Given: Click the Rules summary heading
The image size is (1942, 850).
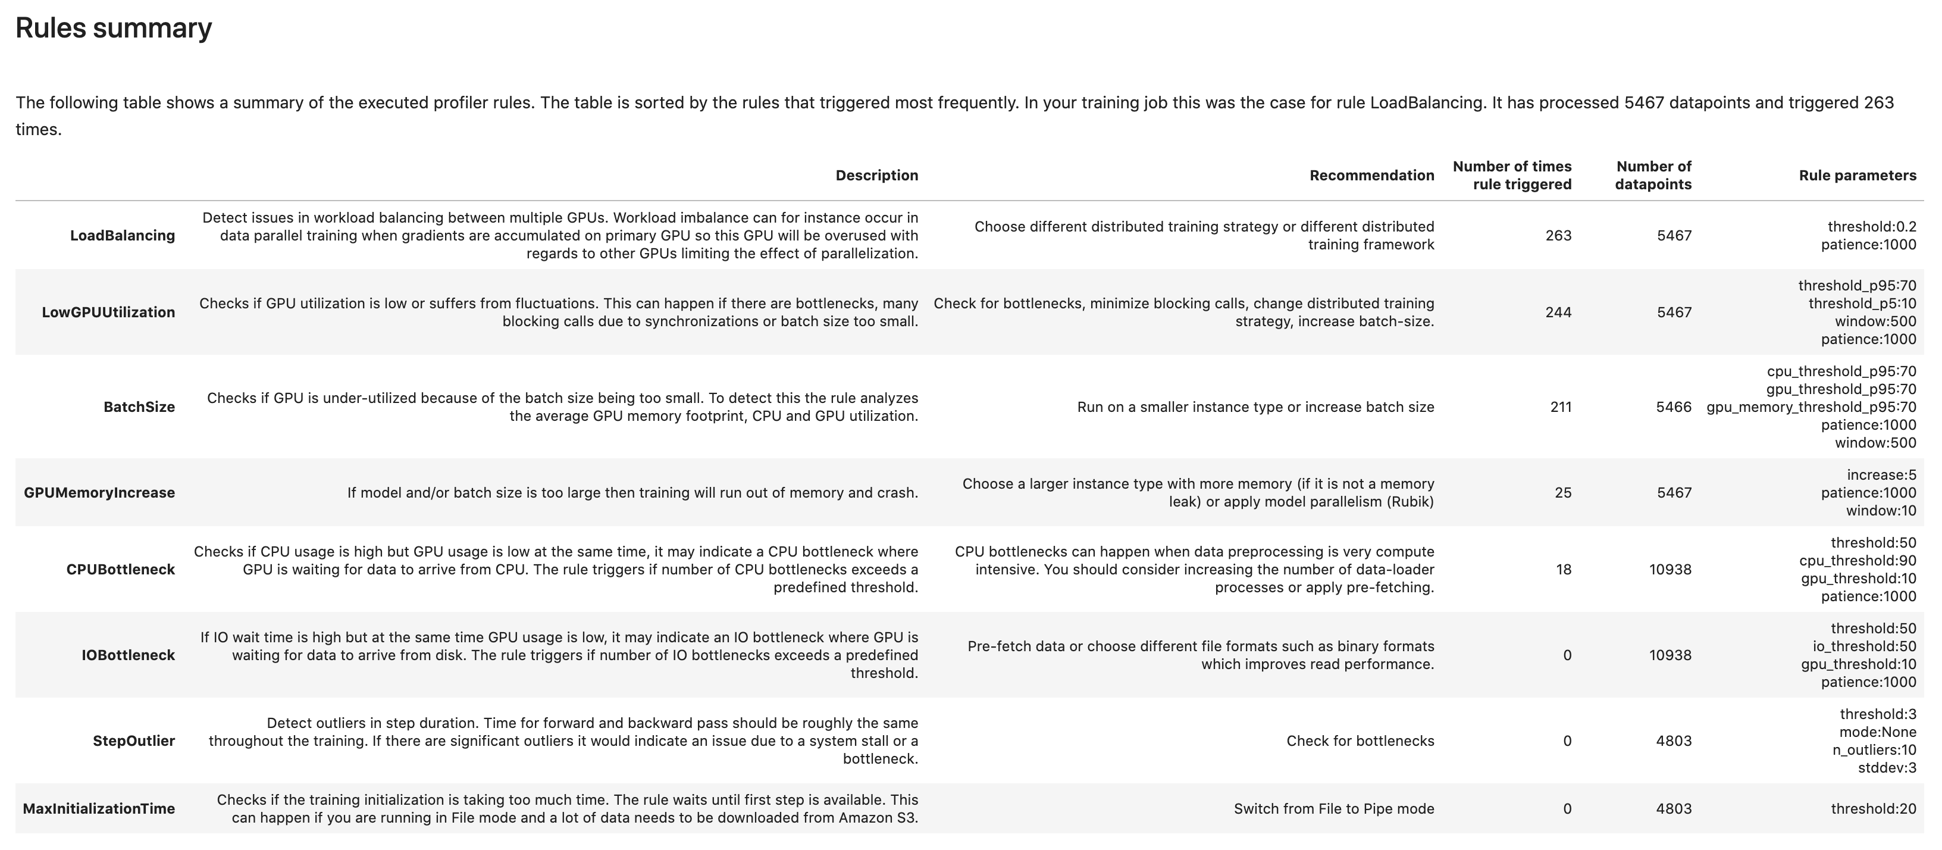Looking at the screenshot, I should click(x=113, y=28).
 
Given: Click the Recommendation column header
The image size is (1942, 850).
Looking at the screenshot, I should click(x=1371, y=175).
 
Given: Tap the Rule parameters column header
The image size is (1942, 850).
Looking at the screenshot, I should click(x=1857, y=175).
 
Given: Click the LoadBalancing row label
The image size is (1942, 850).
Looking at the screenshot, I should click(x=122, y=235).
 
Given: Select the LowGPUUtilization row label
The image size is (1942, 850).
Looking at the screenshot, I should click(x=108, y=312).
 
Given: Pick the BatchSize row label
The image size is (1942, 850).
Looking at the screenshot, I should click(x=139, y=407).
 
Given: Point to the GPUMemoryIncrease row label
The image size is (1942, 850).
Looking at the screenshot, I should click(x=99, y=492).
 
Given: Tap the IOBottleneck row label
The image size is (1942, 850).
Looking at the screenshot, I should click(x=127, y=655).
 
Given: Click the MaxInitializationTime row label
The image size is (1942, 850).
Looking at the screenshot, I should click(x=98, y=808).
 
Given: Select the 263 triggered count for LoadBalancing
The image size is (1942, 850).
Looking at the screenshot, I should click(x=1558, y=235).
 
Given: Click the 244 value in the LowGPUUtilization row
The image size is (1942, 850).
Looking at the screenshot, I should click(x=1558, y=312).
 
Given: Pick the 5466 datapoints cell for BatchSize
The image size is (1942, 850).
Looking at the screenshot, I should click(x=1673, y=407).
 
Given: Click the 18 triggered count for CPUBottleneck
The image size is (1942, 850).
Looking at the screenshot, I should click(x=1563, y=570).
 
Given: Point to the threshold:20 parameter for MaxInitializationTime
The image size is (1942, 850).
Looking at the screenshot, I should click(x=1872, y=808).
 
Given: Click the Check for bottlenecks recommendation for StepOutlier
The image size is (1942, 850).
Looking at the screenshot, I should click(x=1360, y=740).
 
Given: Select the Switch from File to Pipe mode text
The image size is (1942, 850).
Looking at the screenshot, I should click(x=1333, y=808).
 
